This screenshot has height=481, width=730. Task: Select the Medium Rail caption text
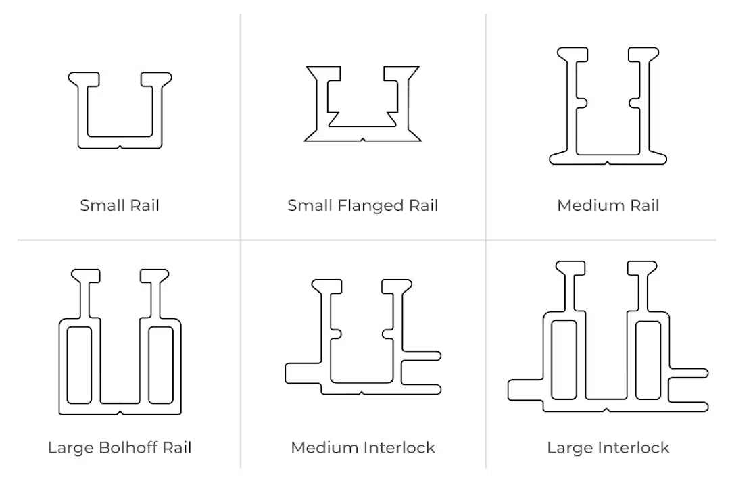608,205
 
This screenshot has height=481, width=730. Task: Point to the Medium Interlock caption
363,447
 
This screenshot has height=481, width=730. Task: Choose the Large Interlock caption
608,447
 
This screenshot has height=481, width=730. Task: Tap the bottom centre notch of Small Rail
120,147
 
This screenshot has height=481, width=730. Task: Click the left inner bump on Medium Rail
581,103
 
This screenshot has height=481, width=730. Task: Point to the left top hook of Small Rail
84,79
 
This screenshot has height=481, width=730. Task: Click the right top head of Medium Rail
644,54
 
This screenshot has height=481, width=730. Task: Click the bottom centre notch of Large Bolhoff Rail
120,413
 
